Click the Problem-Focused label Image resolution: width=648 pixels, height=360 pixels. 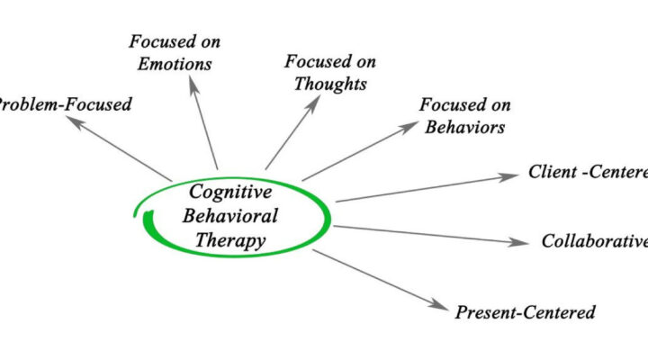pos(66,104)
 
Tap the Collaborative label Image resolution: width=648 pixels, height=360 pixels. pos(595,240)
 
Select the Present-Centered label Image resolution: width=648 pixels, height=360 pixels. pos(525,312)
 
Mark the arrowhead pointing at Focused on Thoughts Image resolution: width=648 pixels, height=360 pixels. pos(316,103)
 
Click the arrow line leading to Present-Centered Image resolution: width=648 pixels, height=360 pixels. pos(378,278)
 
